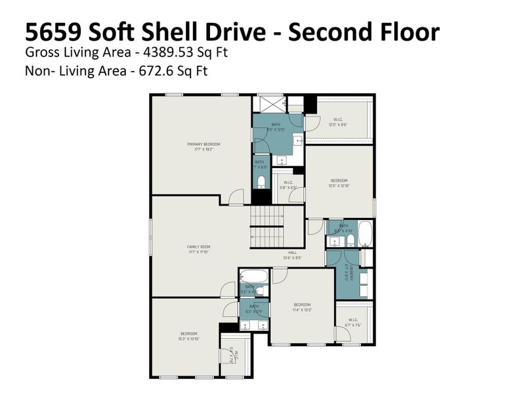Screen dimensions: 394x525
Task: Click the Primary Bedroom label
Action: (203, 146)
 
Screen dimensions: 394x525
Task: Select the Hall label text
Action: (292, 253)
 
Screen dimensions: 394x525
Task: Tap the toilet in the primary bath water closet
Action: (261, 181)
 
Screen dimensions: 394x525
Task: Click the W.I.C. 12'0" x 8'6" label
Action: (338, 121)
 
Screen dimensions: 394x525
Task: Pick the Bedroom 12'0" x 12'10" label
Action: (339, 183)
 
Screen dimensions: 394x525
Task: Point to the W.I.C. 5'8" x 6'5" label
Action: (287, 186)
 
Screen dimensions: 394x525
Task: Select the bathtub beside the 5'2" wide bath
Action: (253, 276)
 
